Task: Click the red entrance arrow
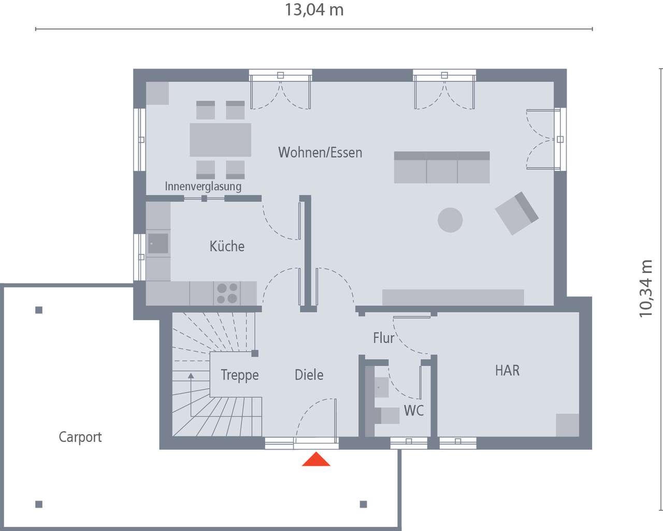point(316,460)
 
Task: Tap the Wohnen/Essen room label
point(320,152)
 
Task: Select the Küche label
point(227,246)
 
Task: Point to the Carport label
point(80,437)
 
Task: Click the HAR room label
point(507,370)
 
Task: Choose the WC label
point(413,410)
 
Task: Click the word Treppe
point(239,375)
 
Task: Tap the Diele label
point(309,375)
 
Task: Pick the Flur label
point(383,338)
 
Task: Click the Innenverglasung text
point(203,186)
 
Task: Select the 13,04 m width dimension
point(314,10)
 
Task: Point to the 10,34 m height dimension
point(646,289)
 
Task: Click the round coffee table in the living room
point(450,220)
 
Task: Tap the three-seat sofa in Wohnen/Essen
point(442,167)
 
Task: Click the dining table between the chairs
point(220,140)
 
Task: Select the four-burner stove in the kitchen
point(227,293)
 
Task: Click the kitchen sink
point(158,243)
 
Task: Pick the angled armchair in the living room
point(517,213)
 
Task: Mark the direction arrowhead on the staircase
point(191,376)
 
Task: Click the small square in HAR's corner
point(567,425)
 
